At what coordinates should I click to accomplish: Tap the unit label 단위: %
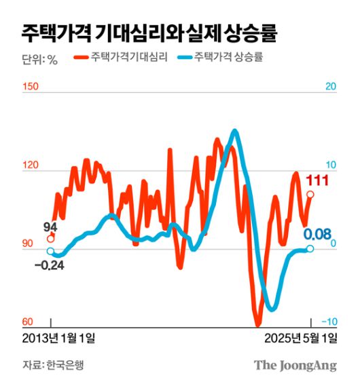coord(40,59)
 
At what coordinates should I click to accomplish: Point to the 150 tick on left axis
coord(31,87)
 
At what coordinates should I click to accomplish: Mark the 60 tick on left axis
coord(29,322)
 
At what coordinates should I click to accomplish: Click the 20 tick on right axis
coord(331,87)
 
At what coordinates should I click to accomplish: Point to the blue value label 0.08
coord(317,235)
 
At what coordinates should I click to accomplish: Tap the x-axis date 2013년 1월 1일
coord(60,338)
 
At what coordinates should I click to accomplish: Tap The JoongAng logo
coord(295,366)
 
